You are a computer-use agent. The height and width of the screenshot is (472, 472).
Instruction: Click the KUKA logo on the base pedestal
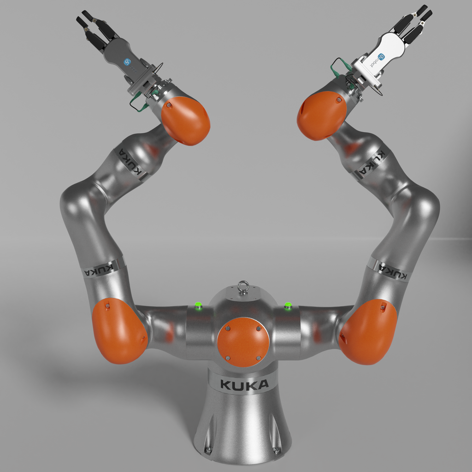244,384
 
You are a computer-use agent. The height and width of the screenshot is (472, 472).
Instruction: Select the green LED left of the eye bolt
199,305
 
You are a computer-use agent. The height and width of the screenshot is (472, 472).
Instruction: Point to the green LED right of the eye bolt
288,305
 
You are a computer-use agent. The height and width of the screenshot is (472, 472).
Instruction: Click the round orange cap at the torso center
243,342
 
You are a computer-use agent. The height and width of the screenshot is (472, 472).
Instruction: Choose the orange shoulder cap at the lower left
119,330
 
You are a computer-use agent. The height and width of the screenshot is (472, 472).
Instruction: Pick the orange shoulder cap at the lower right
369,331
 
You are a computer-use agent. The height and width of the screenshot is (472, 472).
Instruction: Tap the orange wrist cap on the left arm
186,120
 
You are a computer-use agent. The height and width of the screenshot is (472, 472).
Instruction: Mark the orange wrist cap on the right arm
321,115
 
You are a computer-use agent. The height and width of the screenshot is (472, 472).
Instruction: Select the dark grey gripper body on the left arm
122,54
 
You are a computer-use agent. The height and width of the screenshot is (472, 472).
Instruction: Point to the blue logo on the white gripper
381,57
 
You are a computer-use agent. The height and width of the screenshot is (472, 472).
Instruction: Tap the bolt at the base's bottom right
277,450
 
